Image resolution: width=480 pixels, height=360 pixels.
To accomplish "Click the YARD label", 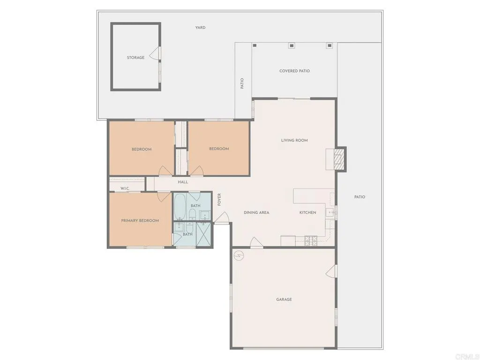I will click(200, 28).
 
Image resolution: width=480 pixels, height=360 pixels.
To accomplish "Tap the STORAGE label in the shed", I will click(135, 58).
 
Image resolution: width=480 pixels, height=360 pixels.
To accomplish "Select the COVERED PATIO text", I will click(294, 71).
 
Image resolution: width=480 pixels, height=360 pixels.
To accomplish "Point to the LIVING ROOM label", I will click(294, 140).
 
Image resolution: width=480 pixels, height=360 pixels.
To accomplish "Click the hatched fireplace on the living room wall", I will click(339, 159).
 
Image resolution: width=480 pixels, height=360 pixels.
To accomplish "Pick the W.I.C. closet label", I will click(125, 188).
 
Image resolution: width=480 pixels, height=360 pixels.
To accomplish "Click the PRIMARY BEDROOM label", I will click(140, 220).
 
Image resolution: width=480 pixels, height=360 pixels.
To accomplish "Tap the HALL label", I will click(183, 182).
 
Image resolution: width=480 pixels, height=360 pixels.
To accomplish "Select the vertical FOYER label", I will click(219, 199).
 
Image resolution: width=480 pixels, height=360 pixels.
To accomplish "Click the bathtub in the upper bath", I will click(180, 207).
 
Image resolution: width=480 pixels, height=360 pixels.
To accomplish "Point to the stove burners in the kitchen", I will click(311, 241).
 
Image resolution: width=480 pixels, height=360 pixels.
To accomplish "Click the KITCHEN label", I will click(308, 212).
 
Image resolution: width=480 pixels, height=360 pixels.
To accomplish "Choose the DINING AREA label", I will click(256, 212).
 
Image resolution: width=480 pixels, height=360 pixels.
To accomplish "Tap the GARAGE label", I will click(284, 299).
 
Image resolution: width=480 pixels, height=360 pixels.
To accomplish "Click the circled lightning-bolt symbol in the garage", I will click(239, 256).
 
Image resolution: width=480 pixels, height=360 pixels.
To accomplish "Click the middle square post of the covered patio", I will click(292, 45).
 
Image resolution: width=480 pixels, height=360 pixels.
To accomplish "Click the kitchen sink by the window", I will click(330, 212).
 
